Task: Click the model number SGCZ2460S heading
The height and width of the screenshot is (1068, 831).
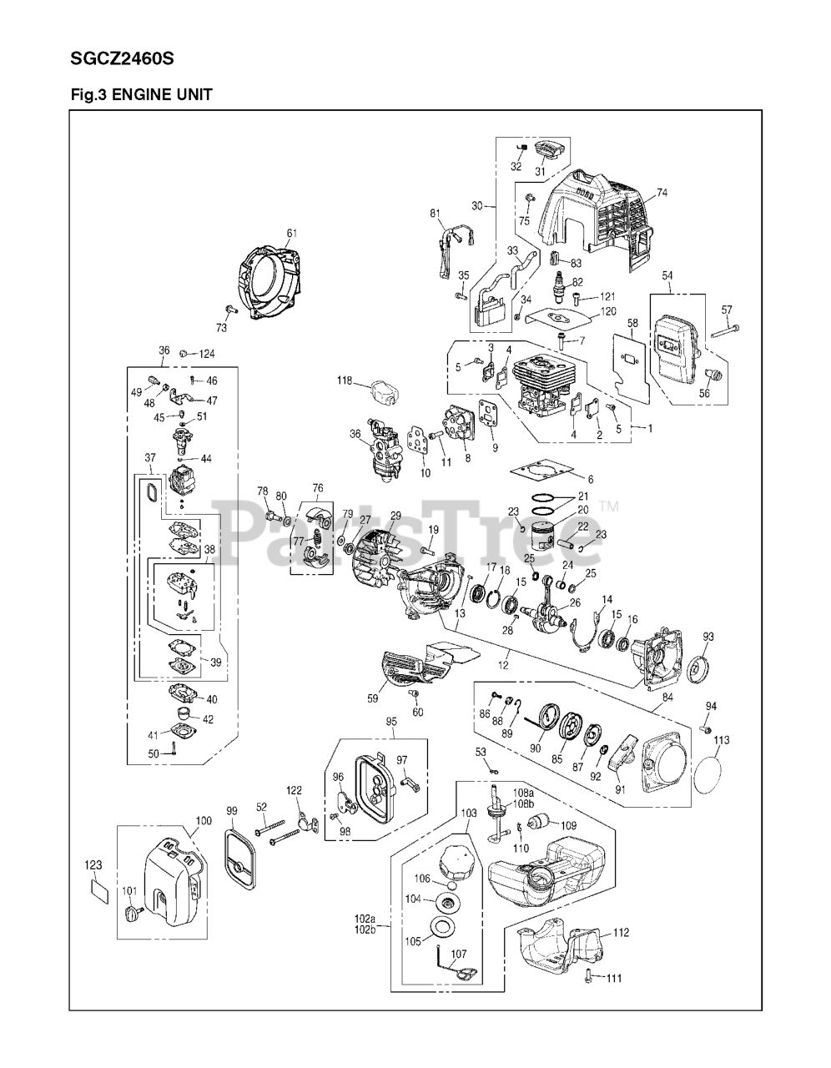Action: [122, 59]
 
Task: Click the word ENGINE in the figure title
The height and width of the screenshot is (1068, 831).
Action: [138, 94]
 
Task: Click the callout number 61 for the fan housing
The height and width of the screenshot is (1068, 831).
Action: [292, 233]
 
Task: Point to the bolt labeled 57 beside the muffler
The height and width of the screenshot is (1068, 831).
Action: [725, 332]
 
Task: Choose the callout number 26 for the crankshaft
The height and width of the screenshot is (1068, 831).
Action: [575, 602]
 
